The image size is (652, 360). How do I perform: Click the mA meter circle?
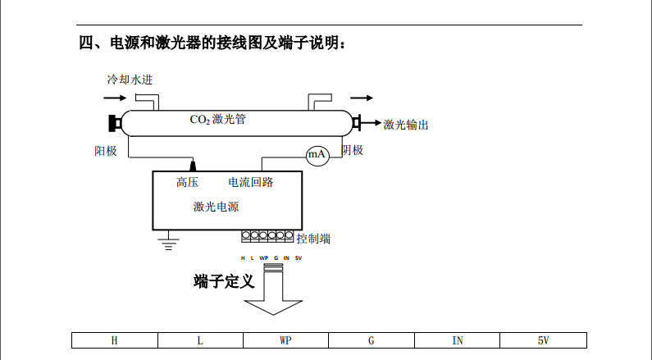pyautogui.click(x=317, y=155)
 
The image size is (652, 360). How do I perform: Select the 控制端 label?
pyautogui.click(x=314, y=239)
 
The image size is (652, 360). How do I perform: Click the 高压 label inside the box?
pyautogui.click(x=187, y=182)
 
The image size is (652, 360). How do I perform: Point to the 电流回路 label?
pyautogui.click(x=250, y=182)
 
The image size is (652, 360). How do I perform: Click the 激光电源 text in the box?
pyautogui.click(x=216, y=207)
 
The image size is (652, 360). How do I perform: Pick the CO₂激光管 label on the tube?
pyautogui.click(x=218, y=120)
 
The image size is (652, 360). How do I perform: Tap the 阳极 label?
pyautogui.click(x=106, y=151)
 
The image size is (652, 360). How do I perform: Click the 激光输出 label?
pyautogui.click(x=406, y=125)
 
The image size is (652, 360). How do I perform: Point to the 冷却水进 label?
pyautogui.click(x=130, y=80)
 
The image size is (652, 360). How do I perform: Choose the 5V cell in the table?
pyautogui.click(x=543, y=340)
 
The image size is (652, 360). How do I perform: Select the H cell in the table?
pyautogui.click(x=114, y=340)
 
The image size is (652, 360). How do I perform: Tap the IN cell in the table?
pyautogui.click(x=457, y=340)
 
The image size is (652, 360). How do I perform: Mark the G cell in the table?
pyautogui.click(x=371, y=340)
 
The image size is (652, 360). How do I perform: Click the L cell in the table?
pyautogui.click(x=200, y=340)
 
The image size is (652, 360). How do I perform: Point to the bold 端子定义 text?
pyautogui.click(x=224, y=282)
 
